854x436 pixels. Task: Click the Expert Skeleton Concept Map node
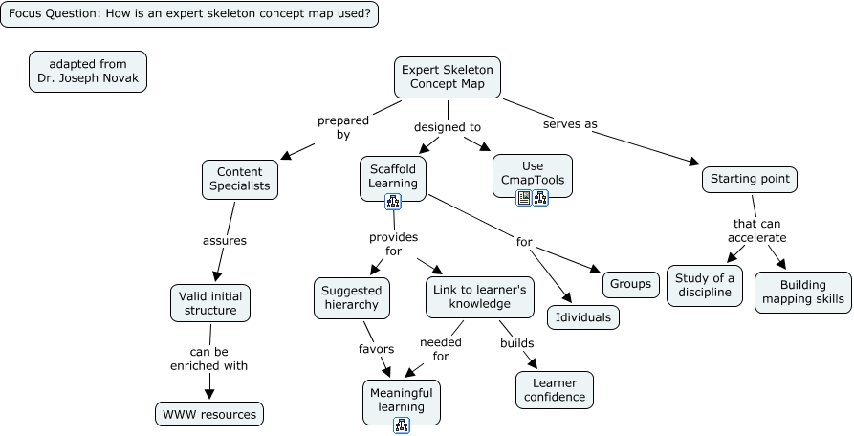click(x=448, y=77)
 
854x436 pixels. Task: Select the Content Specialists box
click(x=240, y=179)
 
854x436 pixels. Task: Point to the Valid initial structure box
click(x=210, y=303)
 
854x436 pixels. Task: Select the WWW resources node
click(x=208, y=414)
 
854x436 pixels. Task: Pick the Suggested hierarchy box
click(x=351, y=297)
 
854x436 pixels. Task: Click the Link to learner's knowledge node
click(x=479, y=297)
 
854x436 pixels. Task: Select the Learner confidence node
click(x=554, y=390)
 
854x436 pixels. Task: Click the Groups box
click(x=631, y=284)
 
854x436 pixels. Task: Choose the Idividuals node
click(x=583, y=316)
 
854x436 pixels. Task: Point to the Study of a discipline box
click(x=705, y=286)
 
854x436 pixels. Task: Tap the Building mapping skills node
click(x=802, y=292)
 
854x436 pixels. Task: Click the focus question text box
click(x=189, y=14)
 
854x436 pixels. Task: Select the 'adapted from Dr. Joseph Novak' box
click(x=88, y=72)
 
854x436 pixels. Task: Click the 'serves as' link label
click(x=570, y=124)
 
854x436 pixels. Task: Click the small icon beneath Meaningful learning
click(x=401, y=425)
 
